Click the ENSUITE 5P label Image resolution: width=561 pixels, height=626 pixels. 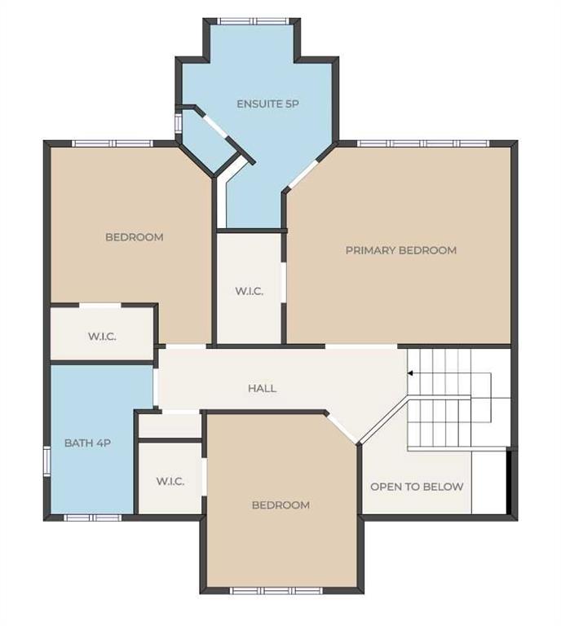coord(267,104)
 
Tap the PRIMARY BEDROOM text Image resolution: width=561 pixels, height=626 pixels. coord(401,250)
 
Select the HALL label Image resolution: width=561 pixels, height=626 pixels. coord(262,389)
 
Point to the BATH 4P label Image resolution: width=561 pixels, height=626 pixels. coord(87,443)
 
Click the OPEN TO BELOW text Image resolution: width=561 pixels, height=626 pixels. coord(417,487)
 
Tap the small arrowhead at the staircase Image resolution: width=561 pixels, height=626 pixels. coord(410,373)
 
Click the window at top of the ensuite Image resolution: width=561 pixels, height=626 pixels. coord(253,21)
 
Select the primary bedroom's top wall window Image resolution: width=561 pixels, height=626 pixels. coord(423,143)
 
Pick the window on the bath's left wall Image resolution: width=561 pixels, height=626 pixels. coord(46,462)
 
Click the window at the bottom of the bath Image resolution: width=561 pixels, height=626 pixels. coord(93,518)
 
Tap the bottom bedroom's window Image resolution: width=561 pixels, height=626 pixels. coord(277,591)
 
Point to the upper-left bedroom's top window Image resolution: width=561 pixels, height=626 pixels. coord(113,143)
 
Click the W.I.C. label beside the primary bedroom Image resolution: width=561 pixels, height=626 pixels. coord(250,292)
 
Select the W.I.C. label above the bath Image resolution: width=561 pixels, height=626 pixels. coord(102,337)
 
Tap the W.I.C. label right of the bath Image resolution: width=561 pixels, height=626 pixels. coord(170,482)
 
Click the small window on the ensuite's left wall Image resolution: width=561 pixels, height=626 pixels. coord(179,122)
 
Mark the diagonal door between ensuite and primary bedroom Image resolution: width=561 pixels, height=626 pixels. coord(303,174)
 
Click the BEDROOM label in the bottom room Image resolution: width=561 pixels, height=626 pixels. coord(280,505)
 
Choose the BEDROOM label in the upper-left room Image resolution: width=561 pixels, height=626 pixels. coord(135,237)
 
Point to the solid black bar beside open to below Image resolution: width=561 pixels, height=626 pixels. coord(509,482)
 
